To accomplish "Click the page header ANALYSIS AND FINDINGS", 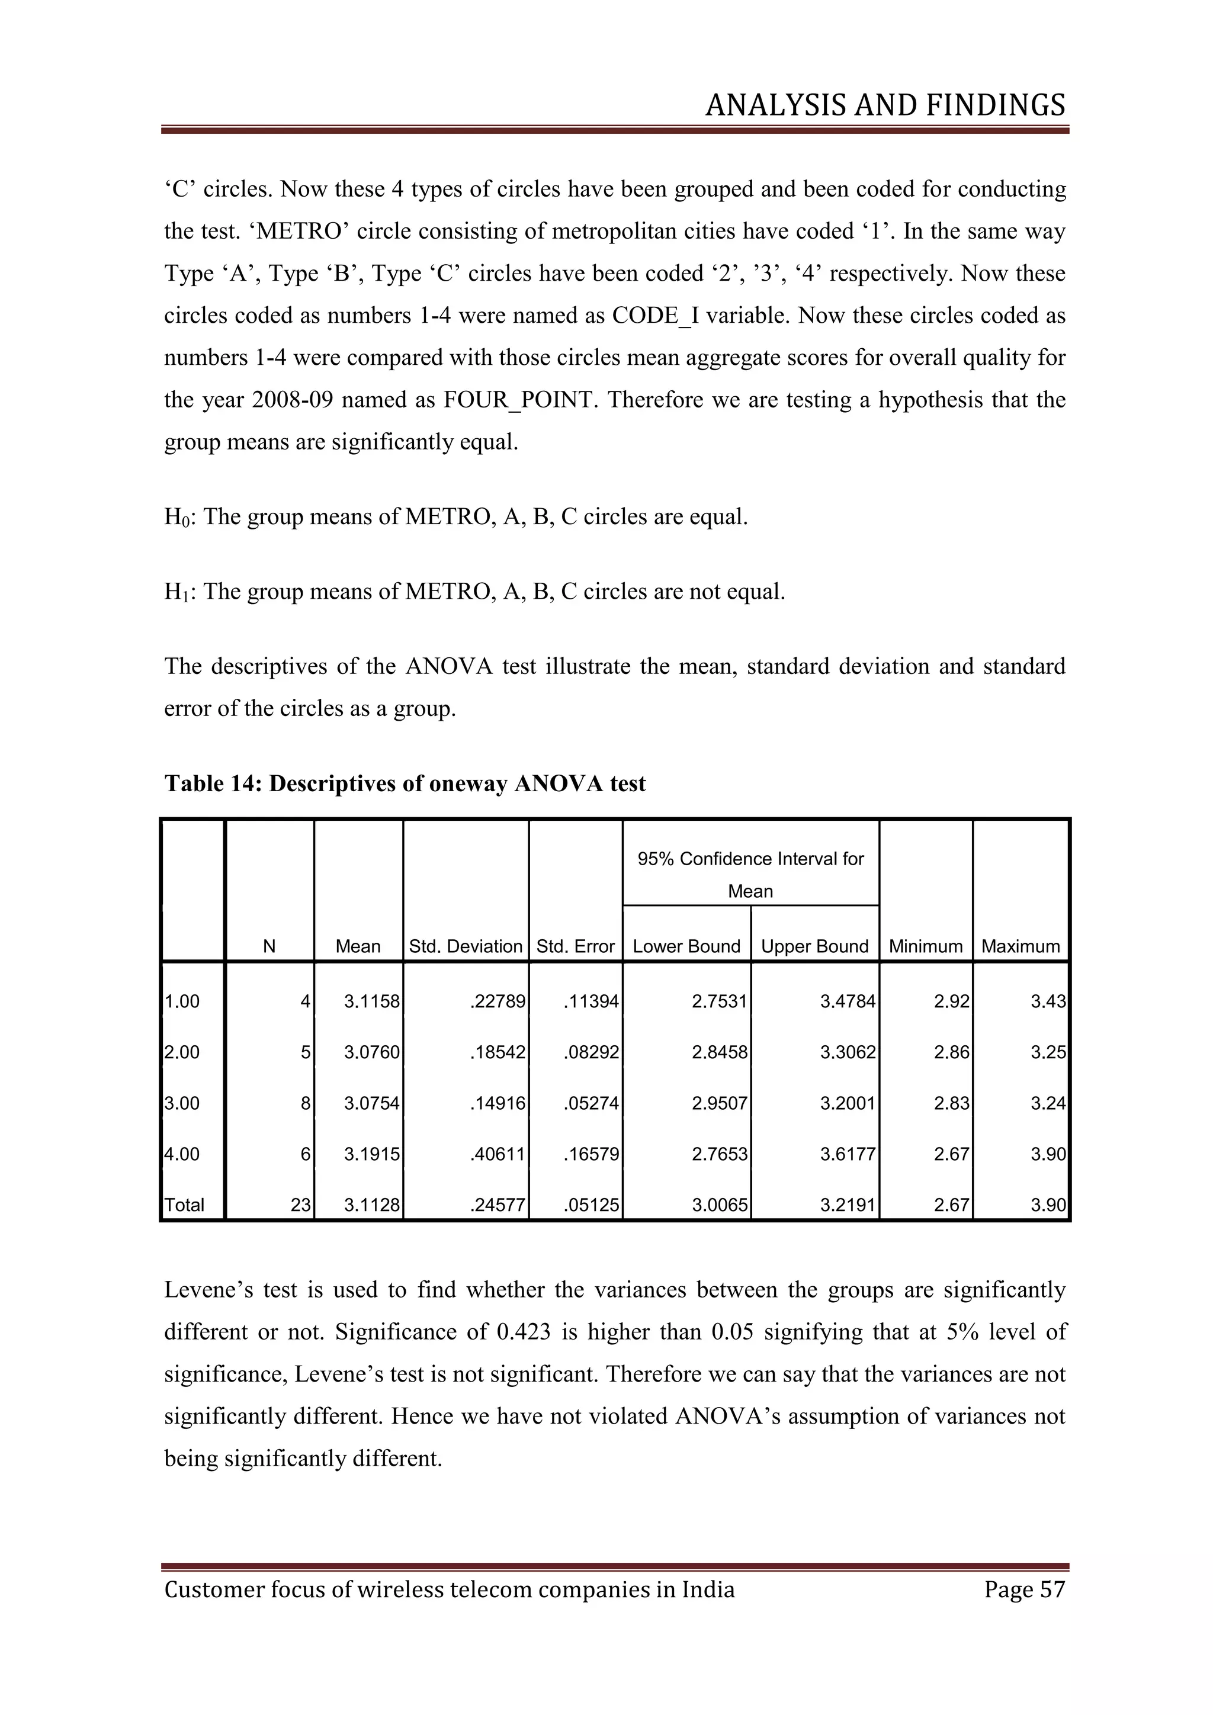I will (885, 105).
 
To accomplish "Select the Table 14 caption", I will (405, 783).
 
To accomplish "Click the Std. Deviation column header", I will (466, 946).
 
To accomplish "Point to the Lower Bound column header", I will (686, 946).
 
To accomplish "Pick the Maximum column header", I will (1021, 946).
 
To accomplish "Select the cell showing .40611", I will (498, 1154).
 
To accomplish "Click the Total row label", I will (184, 1205).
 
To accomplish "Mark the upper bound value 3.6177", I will (847, 1154).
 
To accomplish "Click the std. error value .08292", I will (591, 1052).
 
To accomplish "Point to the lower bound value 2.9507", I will (719, 1103).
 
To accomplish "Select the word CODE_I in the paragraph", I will (655, 316).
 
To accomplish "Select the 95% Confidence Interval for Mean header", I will (750, 874).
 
